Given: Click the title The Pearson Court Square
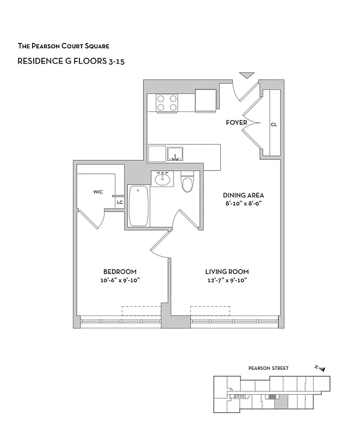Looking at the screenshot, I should pyautogui.click(x=67, y=46).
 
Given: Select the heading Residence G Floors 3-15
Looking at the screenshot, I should pyautogui.click(x=71, y=61).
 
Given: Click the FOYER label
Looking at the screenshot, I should pyautogui.click(x=237, y=122).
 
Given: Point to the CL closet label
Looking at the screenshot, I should pyautogui.click(x=274, y=125).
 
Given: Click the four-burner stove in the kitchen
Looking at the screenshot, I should pyautogui.click(x=167, y=103).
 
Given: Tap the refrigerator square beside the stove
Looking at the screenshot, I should pyautogui.click(x=207, y=101).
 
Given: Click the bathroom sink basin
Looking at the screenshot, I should pyautogui.click(x=162, y=179).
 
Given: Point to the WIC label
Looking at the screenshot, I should pyautogui.click(x=98, y=191).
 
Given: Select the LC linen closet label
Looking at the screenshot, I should pyautogui.click(x=119, y=203).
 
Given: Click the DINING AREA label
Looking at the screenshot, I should pyautogui.click(x=243, y=195).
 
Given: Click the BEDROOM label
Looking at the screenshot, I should pyautogui.click(x=120, y=271).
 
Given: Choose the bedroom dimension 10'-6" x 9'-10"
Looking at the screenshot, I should pyautogui.click(x=120, y=281).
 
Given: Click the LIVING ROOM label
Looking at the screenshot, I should pyautogui.click(x=227, y=271).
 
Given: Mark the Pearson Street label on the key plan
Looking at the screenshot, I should pyautogui.click(x=269, y=368).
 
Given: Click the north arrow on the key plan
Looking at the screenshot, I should pyautogui.click(x=321, y=369).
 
